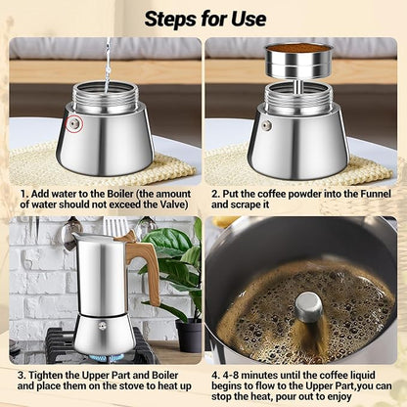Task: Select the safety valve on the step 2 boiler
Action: [266, 125]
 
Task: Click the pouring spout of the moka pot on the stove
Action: [68, 246]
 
